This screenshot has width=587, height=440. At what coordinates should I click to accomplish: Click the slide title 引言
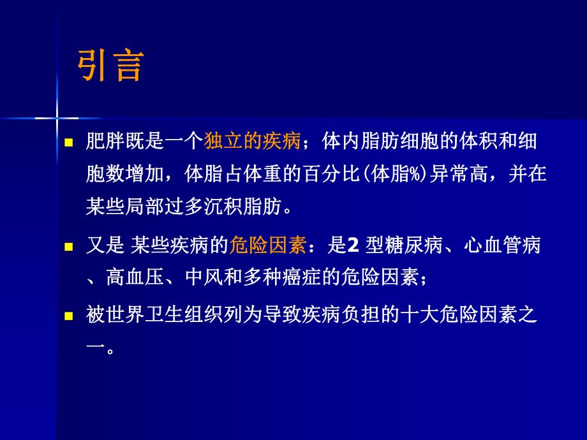pos(110,66)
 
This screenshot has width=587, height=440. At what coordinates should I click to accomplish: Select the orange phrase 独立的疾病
pos(252,142)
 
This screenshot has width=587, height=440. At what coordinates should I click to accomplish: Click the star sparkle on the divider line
pos(57,117)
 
